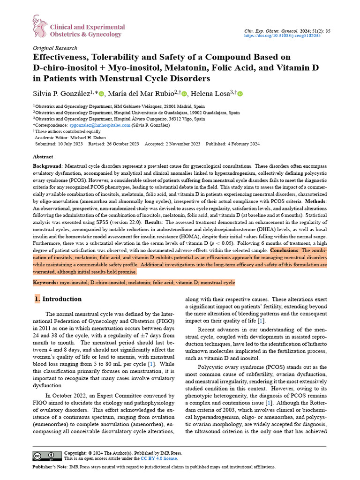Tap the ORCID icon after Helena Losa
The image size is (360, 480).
[240, 94]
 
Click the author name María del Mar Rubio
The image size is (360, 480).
[141, 94]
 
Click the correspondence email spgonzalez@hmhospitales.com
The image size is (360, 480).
[99, 125]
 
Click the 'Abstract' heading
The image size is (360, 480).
[43, 157]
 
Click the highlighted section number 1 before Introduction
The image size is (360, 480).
[37, 299]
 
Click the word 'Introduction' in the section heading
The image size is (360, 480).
[62, 299]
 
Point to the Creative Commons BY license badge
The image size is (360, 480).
[46, 456]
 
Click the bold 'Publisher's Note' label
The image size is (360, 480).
[50, 467]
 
